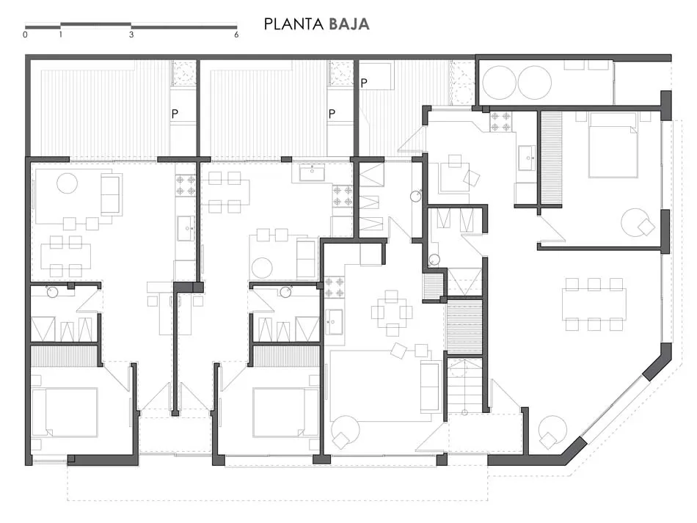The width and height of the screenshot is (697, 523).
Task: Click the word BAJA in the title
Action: [x=349, y=24]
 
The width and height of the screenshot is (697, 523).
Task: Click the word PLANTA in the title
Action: [x=294, y=24]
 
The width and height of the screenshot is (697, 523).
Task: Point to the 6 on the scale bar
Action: [x=236, y=34]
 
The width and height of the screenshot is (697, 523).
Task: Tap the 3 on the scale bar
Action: [x=131, y=34]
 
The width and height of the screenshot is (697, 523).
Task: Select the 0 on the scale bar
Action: [x=26, y=34]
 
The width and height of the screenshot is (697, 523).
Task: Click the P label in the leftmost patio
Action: [x=175, y=114]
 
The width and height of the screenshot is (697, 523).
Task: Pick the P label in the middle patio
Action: [x=332, y=114]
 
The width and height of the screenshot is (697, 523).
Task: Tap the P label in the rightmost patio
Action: [x=364, y=83]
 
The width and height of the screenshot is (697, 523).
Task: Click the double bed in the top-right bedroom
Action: [x=613, y=145]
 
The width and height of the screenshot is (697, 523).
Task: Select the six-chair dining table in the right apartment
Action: [x=594, y=304]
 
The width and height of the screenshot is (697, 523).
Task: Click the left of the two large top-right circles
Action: [x=500, y=83]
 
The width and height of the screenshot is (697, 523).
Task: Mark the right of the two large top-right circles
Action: [x=535, y=83]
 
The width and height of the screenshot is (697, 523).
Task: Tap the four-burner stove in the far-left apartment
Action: [x=186, y=186]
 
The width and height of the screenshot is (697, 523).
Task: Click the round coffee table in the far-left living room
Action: [x=67, y=183]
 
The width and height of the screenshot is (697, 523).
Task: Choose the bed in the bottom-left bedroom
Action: [x=65, y=412]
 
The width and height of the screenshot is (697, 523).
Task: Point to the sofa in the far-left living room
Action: [x=111, y=194]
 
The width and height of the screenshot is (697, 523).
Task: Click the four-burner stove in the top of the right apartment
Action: [x=500, y=122]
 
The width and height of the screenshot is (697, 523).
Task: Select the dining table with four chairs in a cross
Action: [x=392, y=312]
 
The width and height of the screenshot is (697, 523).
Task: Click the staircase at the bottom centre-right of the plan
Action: [x=465, y=385]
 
